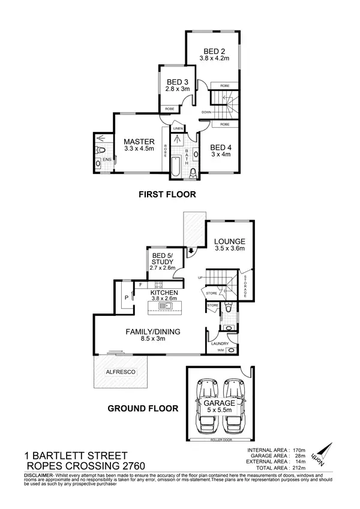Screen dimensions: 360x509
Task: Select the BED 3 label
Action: click(178, 82)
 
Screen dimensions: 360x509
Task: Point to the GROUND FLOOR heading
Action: click(142, 409)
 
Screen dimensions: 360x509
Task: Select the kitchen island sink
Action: click(164, 306)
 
